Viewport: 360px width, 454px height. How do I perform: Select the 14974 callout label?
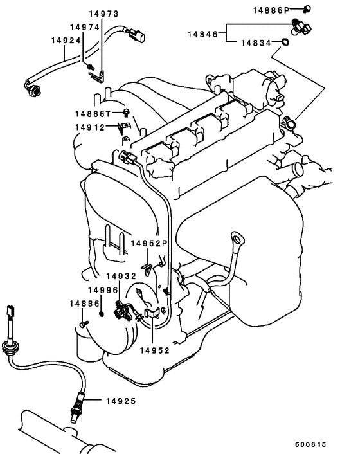pos(84,27)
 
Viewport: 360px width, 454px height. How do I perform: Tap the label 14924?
pos(66,40)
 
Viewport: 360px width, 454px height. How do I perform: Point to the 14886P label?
pos(271,10)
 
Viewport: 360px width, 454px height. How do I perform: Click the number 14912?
pos(90,127)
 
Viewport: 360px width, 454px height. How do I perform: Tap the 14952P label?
pos(149,243)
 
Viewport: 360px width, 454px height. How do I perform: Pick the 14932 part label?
pos(122,276)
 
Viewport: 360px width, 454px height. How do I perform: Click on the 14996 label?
pos(102,290)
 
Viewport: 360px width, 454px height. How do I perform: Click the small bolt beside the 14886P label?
pos(308,9)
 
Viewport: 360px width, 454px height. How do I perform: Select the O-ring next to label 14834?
pos(283,44)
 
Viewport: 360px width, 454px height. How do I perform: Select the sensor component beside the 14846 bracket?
pos(301,26)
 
